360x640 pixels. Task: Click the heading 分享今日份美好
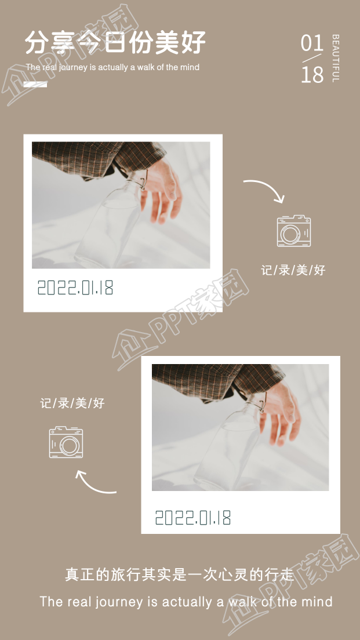[115, 42]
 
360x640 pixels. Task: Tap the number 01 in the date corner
[312, 43]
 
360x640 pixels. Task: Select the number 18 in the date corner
[312, 74]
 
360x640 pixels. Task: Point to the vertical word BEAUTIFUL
[336, 58]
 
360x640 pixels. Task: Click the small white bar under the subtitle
[36, 85]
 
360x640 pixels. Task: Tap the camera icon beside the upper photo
[293, 231]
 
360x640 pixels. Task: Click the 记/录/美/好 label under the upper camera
[293, 270]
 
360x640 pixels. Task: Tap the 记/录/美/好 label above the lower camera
[72, 403]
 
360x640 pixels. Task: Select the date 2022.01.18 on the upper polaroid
[75, 288]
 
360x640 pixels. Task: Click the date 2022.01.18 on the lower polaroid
[193, 518]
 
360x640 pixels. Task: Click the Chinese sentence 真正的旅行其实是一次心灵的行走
[180, 574]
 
